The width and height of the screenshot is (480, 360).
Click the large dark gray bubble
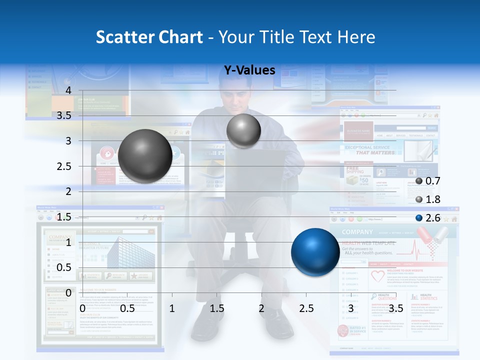click(x=145, y=156)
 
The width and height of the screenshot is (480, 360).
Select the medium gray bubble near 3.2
click(x=243, y=131)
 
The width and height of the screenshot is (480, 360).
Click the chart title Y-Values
click(x=249, y=70)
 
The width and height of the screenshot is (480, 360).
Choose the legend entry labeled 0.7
click(x=427, y=181)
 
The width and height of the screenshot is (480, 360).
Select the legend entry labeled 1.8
click(x=427, y=199)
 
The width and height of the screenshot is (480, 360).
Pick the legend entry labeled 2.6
click(x=427, y=217)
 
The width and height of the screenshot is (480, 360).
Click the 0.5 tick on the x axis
click(x=127, y=308)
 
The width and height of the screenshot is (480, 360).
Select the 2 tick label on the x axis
click(x=261, y=308)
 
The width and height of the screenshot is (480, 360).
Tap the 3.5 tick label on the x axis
click(x=395, y=308)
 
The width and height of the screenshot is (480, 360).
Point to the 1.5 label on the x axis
click(x=217, y=308)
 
